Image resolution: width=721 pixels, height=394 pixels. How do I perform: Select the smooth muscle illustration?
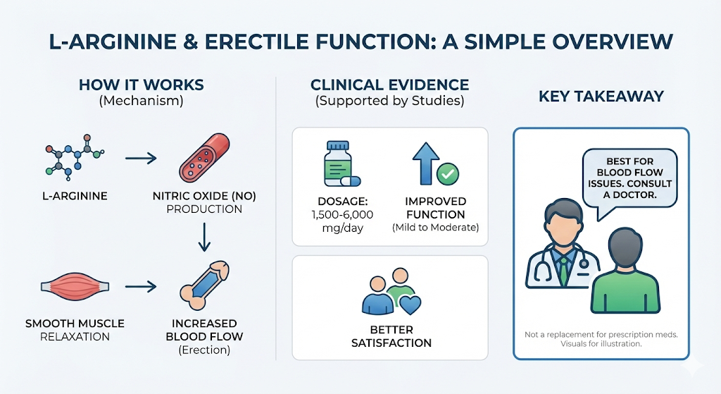75,288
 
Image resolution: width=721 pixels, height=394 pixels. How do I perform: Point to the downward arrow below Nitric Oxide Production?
203,238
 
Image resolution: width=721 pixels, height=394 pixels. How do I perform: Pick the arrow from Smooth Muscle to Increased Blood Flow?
141,287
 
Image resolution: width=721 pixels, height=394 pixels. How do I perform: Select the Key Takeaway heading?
601,97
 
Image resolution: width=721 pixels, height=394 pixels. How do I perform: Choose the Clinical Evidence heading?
389,85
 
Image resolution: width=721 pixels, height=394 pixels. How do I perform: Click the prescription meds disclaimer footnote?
601,334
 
